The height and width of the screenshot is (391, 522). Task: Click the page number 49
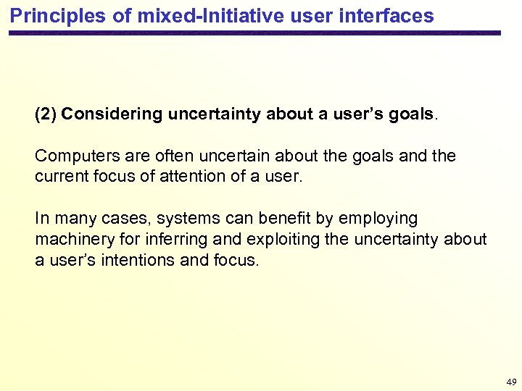pyautogui.click(x=511, y=382)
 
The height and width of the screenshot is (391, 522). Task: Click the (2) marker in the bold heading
pyautogui.click(x=46, y=114)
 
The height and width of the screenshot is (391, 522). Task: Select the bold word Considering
pyautogui.click(x=112, y=114)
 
